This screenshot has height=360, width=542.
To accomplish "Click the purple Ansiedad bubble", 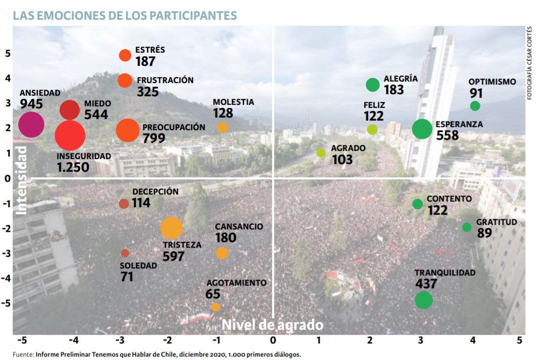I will click(x=31, y=125).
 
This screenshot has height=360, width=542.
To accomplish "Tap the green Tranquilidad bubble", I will click(x=423, y=300).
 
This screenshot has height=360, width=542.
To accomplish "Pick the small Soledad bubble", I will click(x=125, y=253).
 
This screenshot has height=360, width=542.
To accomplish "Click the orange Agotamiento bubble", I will click(x=216, y=307).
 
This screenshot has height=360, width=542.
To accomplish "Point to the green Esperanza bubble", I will click(x=422, y=129).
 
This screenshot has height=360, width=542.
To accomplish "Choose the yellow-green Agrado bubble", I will click(x=321, y=153).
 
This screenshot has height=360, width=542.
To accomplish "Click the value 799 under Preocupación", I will click(x=154, y=138).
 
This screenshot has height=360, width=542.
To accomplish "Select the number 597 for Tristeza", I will click(x=173, y=256).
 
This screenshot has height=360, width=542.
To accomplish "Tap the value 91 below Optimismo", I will click(x=476, y=93).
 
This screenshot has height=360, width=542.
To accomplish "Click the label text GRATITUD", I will click(x=496, y=222).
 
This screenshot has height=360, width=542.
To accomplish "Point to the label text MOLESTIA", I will click(x=233, y=102).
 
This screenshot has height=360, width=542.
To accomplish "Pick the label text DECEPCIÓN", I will click(x=156, y=192).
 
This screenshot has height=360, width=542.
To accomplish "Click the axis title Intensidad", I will click(x=21, y=180).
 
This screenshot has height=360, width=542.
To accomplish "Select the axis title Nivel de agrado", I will click(x=273, y=324).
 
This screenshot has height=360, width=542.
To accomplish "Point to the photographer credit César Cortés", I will click(x=529, y=51).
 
